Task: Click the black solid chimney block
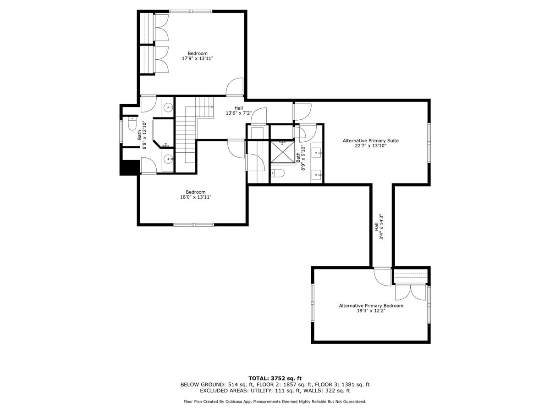(129, 167)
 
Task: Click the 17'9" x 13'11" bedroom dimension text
(197, 59)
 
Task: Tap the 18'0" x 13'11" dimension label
(195, 197)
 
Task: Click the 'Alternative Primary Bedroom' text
(371, 306)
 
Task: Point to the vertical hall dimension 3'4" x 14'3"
(381, 226)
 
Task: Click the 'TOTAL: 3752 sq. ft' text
(275, 378)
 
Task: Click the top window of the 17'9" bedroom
(190, 11)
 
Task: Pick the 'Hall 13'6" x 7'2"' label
(238, 111)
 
